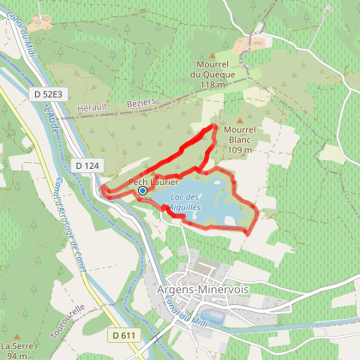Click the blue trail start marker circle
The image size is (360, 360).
point(142,191)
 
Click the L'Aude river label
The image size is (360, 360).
point(54,120)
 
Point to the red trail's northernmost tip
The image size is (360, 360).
point(213,126)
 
